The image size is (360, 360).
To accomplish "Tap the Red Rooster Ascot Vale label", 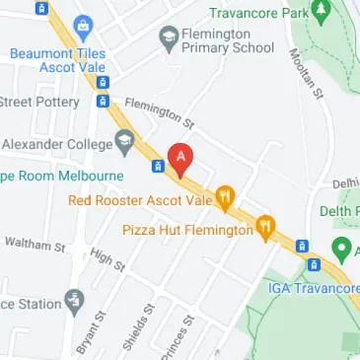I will coord(140,200).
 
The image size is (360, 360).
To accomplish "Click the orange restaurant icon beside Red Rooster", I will coord(226,199).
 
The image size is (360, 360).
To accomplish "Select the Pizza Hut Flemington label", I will coord(187,230).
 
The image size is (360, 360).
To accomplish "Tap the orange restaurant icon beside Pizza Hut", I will coord(265,229).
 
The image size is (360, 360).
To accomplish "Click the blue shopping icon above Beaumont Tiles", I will coord(83,25).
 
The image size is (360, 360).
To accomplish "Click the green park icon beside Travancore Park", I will coord(320,13).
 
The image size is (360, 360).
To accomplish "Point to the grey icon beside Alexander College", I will coord(124,143).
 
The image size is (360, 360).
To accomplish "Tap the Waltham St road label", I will coord(34,245).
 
